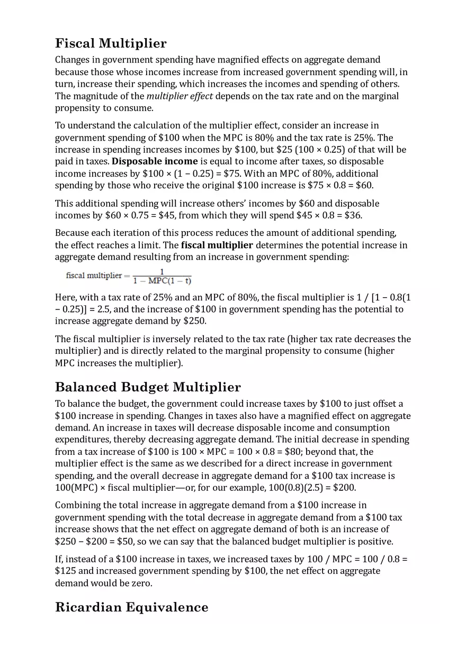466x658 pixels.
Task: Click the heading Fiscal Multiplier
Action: click(x=111, y=43)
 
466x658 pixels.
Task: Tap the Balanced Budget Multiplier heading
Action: click(x=148, y=387)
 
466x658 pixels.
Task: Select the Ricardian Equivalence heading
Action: click(x=131, y=607)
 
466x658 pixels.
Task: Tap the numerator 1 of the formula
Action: click(x=162, y=272)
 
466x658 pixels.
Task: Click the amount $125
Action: click(x=66, y=571)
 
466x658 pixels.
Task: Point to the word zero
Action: click(x=142, y=583)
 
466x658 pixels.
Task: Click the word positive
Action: click(x=375, y=542)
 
